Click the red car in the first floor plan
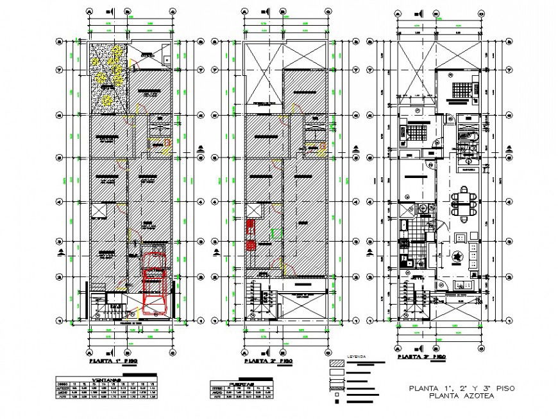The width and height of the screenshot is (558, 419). (x=155, y=285)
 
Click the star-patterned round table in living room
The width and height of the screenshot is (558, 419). (x=459, y=256)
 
